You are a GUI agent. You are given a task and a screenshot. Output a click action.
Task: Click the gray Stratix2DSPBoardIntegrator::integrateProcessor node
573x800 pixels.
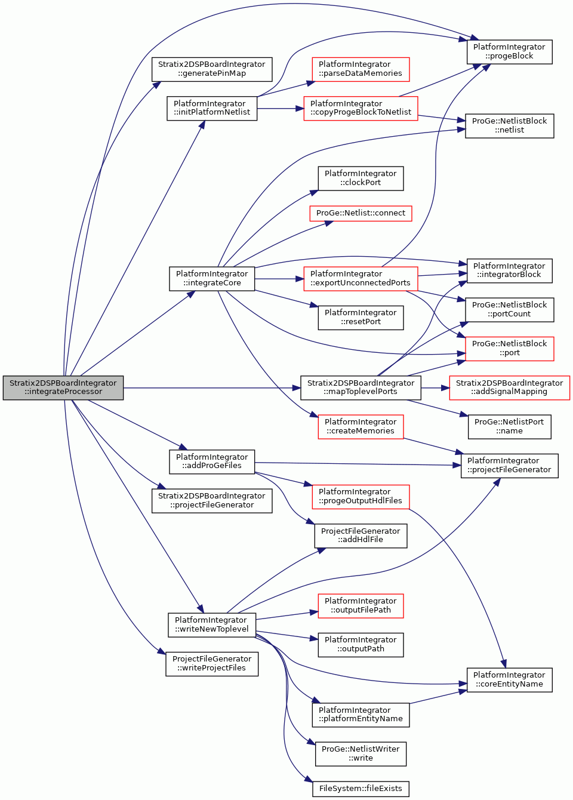tap(63, 387)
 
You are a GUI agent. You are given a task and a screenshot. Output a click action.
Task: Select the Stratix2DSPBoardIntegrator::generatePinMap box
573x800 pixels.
tap(212, 69)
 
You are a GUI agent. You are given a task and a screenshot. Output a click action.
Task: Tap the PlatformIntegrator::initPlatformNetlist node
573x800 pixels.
tap(212, 108)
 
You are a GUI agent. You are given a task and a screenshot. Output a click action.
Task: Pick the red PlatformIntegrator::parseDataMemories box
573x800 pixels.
tap(361, 69)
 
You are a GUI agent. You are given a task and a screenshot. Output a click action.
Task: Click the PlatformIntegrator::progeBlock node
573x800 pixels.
tap(510, 52)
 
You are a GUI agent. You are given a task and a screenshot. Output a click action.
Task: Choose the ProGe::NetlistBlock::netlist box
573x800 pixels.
tap(510, 126)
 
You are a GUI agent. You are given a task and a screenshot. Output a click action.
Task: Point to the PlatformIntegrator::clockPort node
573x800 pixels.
tap(361, 179)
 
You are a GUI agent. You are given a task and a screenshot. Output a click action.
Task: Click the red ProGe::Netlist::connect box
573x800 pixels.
tap(361, 213)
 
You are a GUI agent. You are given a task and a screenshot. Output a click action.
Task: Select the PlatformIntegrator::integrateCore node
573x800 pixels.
tap(212, 279)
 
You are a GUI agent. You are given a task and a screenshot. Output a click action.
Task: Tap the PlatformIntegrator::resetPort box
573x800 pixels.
tap(361, 318)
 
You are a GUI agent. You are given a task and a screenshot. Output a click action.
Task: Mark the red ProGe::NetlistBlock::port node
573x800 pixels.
tap(510, 349)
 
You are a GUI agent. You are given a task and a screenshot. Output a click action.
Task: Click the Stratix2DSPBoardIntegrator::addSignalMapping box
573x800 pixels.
tap(510, 387)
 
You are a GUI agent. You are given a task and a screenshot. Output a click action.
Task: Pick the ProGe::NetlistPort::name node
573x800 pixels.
tap(510, 427)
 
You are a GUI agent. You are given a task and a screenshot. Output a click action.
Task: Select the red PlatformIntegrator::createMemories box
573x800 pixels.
tap(361, 427)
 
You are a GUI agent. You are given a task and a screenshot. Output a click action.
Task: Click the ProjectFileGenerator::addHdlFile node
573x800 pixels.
tap(361, 536)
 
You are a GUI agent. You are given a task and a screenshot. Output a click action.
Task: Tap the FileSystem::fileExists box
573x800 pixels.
tap(361, 789)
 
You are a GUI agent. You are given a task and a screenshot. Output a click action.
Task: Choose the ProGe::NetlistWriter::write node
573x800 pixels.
tap(361, 754)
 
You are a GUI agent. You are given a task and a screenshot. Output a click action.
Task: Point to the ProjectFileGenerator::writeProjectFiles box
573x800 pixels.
tap(212, 664)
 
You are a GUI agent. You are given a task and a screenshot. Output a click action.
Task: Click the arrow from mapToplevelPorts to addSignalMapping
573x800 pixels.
tap(435, 387)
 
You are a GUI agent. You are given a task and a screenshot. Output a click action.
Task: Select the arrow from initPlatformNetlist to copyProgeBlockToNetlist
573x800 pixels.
tap(281, 108)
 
